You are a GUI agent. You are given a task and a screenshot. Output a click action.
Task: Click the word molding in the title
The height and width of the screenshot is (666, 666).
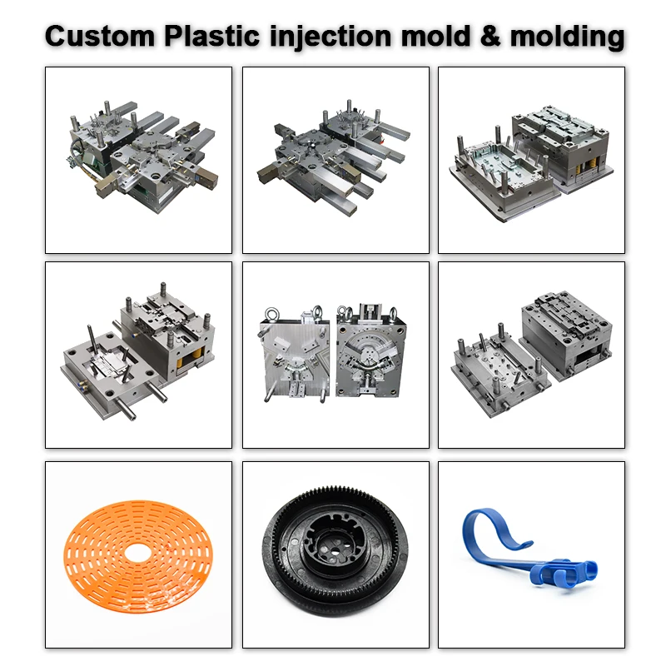tap(566, 36)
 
